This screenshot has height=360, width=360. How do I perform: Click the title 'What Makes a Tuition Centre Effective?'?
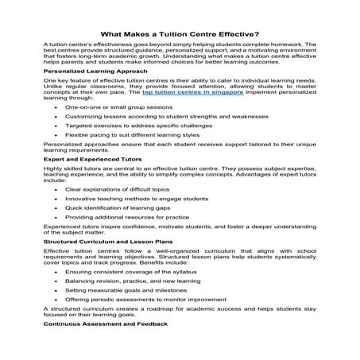pyautogui.click(x=180, y=34)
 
